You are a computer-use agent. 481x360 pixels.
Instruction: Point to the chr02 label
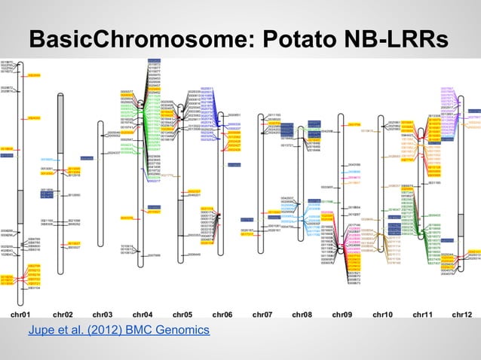[63, 313]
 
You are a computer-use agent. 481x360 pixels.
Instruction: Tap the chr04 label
[142, 313]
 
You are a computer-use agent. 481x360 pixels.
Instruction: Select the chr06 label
[222, 313]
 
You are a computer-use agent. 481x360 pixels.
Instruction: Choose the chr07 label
[262, 313]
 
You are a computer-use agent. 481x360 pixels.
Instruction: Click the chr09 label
[342, 313]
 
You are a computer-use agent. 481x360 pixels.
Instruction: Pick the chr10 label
[382, 313]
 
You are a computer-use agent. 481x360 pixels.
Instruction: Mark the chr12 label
[462, 313]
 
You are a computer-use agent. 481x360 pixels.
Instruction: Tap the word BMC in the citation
[140, 331]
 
